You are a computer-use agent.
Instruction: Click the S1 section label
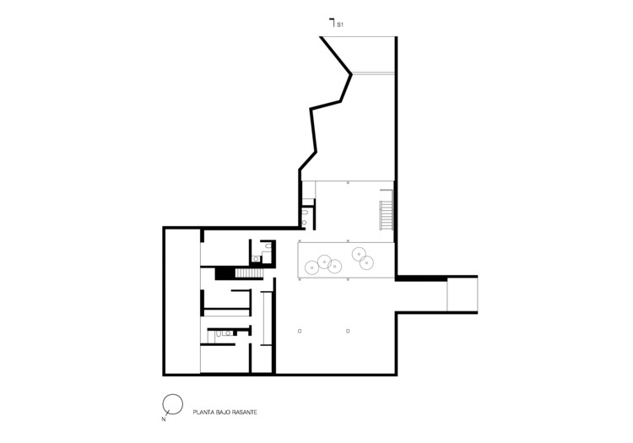click(340, 25)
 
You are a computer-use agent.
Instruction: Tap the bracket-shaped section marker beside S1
click(332, 22)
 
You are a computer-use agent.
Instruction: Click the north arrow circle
click(172, 404)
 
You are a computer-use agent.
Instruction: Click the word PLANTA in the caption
click(205, 413)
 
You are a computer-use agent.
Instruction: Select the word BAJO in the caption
click(228, 413)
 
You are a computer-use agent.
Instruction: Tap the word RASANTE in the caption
click(251, 413)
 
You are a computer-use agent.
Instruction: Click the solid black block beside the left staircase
click(225, 273)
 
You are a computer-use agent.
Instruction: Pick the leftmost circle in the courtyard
click(311, 267)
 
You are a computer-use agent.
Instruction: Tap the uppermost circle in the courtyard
click(359, 252)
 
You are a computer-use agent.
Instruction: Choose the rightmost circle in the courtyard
click(366, 263)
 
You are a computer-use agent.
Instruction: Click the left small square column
click(300, 331)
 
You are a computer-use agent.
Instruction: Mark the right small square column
click(347, 331)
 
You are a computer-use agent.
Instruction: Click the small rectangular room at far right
click(462, 295)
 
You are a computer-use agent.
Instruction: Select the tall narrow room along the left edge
click(181, 301)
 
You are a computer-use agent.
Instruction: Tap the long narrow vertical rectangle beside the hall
click(268, 318)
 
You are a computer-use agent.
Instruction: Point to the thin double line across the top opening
click(373, 73)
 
